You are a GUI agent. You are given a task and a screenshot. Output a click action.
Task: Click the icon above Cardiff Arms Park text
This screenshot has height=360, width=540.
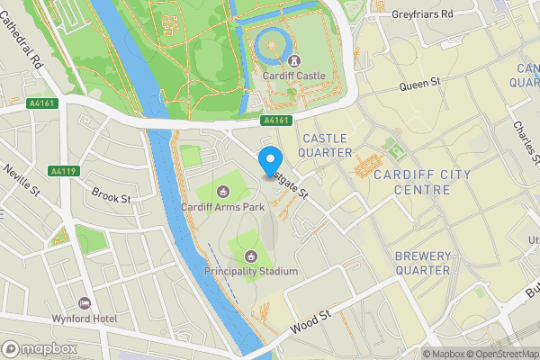(224, 190)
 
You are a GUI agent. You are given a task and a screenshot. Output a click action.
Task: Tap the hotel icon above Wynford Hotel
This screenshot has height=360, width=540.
(85, 303)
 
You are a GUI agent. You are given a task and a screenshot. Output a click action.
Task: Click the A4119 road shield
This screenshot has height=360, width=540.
(63, 170)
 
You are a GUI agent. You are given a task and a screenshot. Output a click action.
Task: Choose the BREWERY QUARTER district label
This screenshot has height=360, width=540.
(422, 263)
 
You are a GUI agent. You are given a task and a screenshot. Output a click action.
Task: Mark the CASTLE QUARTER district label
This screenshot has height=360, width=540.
(326, 145)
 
